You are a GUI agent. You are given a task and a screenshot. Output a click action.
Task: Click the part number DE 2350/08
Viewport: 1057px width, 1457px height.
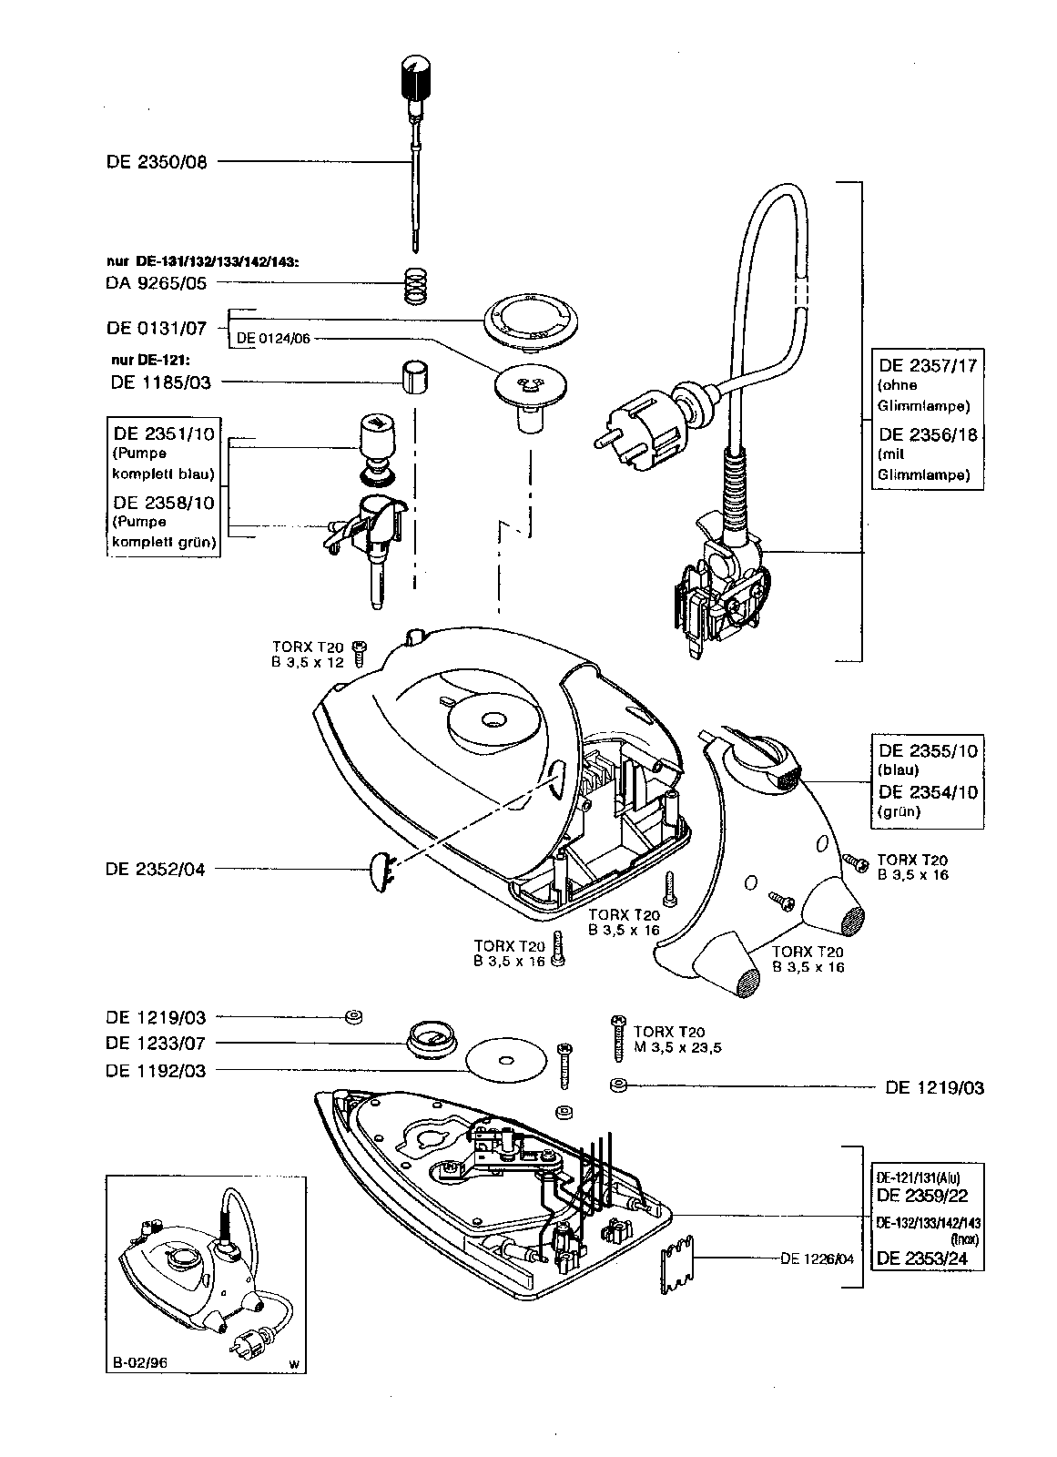click(x=157, y=163)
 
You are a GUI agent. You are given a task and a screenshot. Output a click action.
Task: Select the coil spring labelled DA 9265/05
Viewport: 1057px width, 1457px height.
click(x=416, y=286)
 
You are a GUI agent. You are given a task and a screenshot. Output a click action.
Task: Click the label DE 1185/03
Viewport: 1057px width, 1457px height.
click(x=160, y=382)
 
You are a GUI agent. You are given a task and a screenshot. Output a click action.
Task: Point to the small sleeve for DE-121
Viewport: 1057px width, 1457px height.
click(x=414, y=377)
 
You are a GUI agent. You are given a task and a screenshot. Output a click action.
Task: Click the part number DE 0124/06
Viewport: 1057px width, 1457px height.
click(x=273, y=338)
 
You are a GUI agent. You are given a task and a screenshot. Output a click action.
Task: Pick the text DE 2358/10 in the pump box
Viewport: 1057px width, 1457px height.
click(x=164, y=503)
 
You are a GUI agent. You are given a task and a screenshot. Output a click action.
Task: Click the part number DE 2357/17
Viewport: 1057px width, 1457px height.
click(x=928, y=365)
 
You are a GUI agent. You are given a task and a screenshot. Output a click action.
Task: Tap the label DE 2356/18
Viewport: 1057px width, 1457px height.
click(x=928, y=434)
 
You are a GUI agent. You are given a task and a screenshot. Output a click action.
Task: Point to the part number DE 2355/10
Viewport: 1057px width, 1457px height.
click(x=928, y=751)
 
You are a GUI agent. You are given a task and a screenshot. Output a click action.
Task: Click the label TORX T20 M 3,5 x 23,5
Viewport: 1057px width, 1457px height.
click(x=676, y=1039)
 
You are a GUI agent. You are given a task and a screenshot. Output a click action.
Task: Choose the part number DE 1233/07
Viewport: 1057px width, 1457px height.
click(x=156, y=1044)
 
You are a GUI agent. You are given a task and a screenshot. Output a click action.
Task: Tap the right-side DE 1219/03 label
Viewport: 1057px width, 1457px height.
click(x=934, y=1087)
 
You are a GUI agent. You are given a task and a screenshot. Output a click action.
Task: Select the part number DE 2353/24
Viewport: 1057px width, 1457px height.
click(x=928, y=1258)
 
